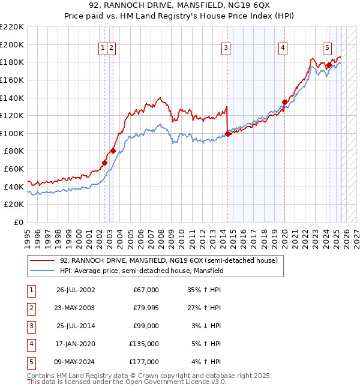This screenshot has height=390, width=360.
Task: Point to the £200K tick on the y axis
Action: pos(13,44)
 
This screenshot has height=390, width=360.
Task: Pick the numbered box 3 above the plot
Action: pos(226,49)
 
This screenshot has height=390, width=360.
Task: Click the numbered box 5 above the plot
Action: pos(327,49)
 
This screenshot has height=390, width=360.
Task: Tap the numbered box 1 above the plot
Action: pos(103,49)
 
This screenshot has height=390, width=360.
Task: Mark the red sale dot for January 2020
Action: pos(284,102)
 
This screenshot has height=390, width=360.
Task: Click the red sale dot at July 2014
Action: pos(228,134)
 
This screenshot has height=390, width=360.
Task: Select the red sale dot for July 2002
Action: pos(104,163)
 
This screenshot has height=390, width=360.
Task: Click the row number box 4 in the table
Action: pos(31,344)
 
